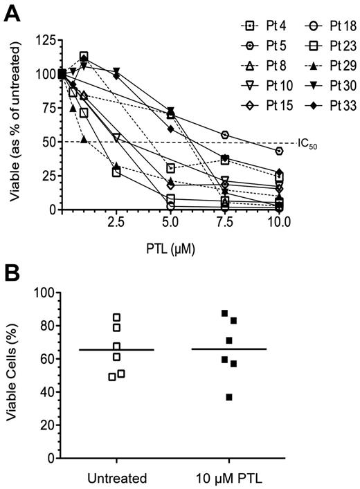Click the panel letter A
pyautogui.click(x=12, y=13)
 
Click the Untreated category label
pyautogui.click(x=116, y=477)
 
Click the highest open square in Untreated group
pyautogui.click(x=116, y=317)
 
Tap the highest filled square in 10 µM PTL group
pyautogui.click(x=225, y=313)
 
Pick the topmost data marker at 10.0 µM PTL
pyautogui.click(x=279, y=151)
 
